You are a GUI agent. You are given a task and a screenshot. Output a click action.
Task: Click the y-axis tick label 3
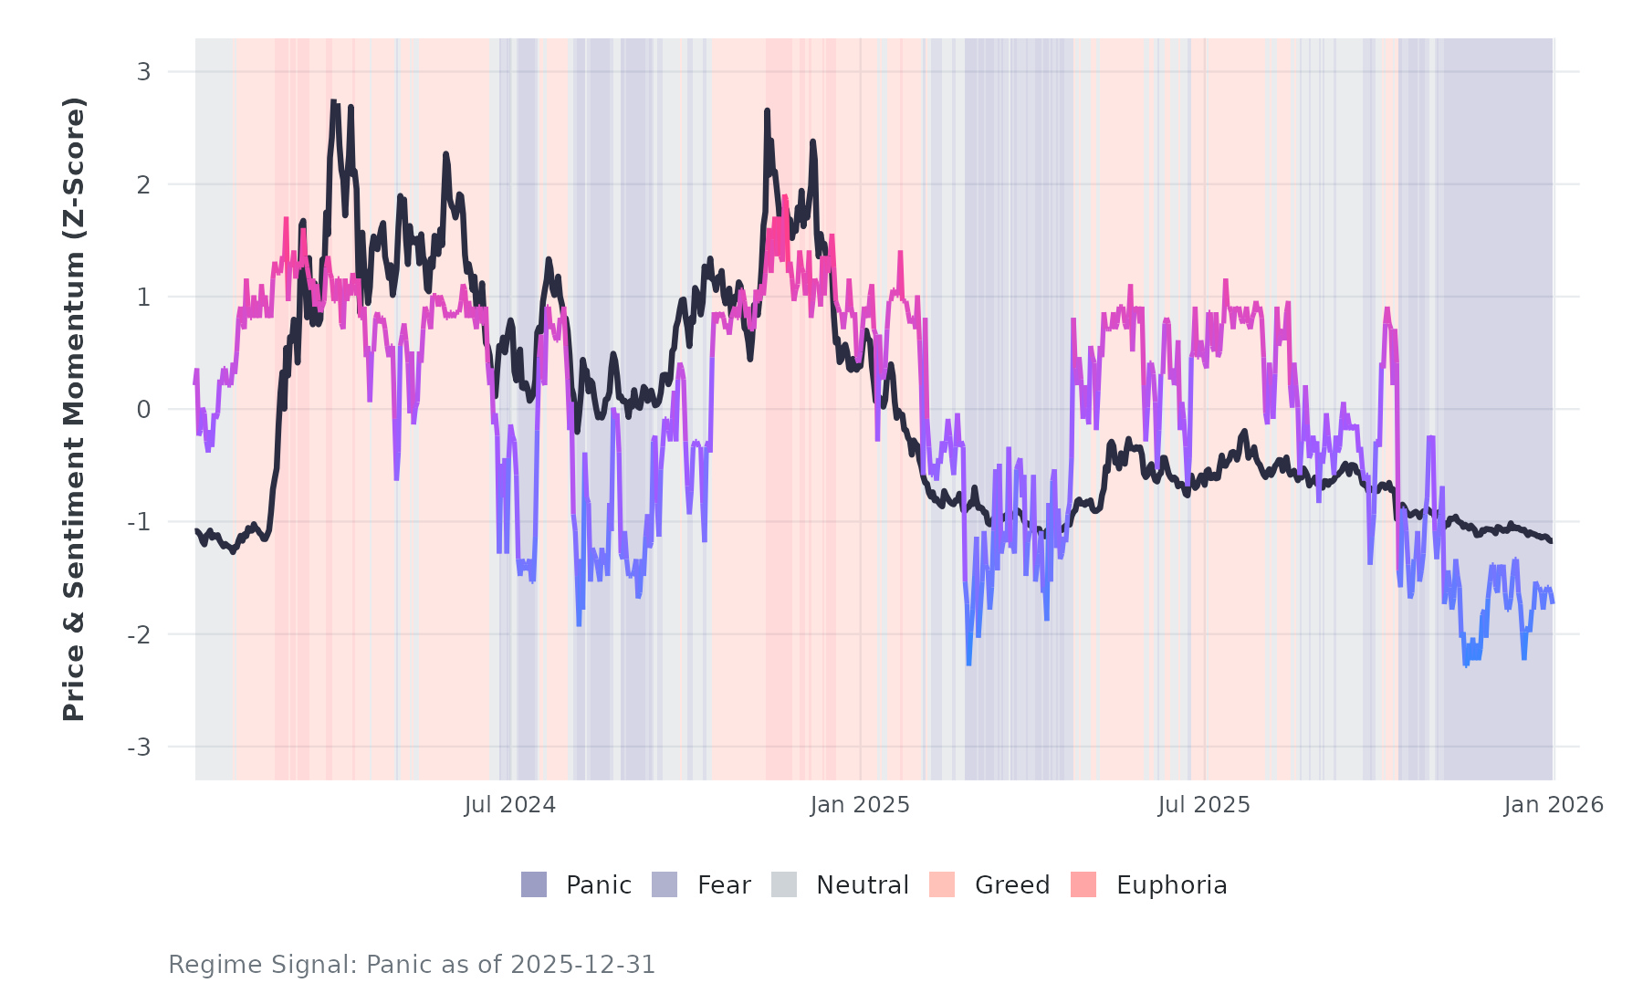(143, 72)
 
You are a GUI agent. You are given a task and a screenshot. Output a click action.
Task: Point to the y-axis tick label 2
(143, 184)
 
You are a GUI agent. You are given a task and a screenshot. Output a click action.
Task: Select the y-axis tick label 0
(143, 410)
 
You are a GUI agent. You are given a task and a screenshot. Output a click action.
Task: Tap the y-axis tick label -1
(139, 522)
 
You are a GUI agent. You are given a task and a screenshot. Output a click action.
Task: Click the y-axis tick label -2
(139, 634)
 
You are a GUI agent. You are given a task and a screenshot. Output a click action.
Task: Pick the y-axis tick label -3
(139, 748)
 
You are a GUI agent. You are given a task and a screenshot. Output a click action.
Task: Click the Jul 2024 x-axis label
(509, 805)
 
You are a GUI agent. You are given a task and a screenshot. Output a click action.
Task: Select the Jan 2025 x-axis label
(860, 805)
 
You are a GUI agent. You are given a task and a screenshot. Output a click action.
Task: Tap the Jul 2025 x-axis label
(1204, 805)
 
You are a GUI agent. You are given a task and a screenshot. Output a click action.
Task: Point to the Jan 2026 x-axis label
(1554, 805)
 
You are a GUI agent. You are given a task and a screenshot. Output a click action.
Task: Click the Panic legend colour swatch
(534, 884)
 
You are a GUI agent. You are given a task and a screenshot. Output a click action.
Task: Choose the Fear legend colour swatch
(665, 884)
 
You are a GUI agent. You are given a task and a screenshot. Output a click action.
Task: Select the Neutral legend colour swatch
(784, 884)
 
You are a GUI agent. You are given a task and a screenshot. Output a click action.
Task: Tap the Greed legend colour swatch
(942, 884)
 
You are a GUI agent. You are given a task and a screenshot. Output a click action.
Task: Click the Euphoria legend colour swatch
(1083, 884)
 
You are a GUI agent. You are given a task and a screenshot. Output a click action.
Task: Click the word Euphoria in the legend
(1171, 885)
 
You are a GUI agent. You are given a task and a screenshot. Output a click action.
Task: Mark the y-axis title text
(74, 409)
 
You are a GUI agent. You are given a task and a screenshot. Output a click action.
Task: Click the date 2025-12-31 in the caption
(582, 965)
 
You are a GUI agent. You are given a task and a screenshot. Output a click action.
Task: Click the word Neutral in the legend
(862, 885)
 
